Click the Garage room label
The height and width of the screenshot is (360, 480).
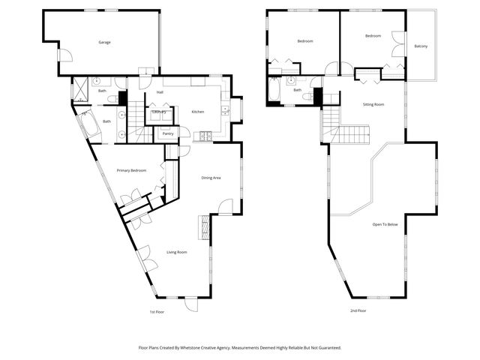coord(105,42)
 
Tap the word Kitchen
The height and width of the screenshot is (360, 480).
coord(198,112)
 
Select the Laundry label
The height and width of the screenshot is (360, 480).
coord(159,112)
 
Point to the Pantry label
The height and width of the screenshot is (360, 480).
coord(167,133)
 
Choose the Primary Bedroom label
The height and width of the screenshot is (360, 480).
coord(131,171)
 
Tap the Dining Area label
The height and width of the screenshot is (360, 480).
coord(211,178)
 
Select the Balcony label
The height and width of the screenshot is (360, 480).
coord(421,46)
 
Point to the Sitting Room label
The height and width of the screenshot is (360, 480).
coord(373,104)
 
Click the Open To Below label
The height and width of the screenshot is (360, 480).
coord(385,224)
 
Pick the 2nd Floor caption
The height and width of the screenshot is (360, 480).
coord(358,310)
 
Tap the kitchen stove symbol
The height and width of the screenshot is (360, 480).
coord(202,136)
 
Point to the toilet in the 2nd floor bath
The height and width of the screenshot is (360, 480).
coord(309,97)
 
